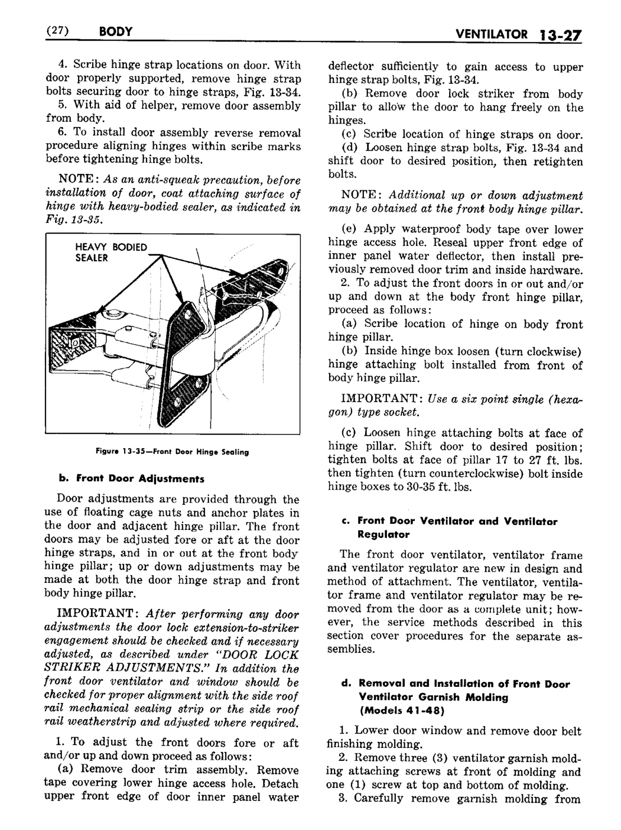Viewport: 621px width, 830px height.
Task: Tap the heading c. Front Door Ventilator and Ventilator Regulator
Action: click(x=449, y=528)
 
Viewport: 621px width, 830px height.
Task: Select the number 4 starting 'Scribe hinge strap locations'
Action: click(x=61, y=66)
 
